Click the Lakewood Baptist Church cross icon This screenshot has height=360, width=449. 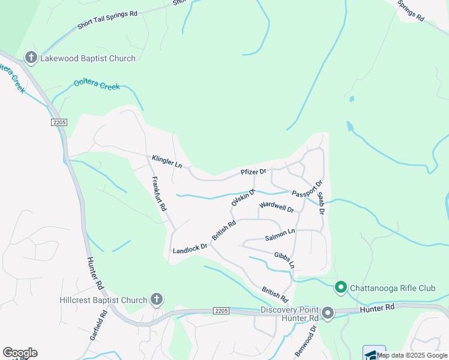pyautogui.click(x=31, y=58)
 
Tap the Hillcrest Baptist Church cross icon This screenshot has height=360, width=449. pyautogui.click(x=157, y=299)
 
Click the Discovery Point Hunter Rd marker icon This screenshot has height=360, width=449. pyautogui.click(x=328, y=313)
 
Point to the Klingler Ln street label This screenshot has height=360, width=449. pyautogui.click(x=167, y=161)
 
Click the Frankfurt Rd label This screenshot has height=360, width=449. pyautogui.click(x=159, y=193)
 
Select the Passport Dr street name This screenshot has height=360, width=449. pyautogui.click(x=307, y=188)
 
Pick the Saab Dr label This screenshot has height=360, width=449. pyautogui.click(x=321, y=204)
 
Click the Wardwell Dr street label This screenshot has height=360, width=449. pyautogui.click(x=276, y=208)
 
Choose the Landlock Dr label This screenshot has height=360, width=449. pyautogui.click(x=190, y=248)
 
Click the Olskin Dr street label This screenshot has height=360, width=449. pyautogui.click(x=244, y=197)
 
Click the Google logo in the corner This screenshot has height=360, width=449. pyautogui.click(x=20, y=353)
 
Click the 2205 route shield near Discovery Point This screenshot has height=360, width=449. pyautogui.click(x=221, y=310)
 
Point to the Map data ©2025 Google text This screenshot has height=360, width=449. pyautogui.click(x=412, y=355)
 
